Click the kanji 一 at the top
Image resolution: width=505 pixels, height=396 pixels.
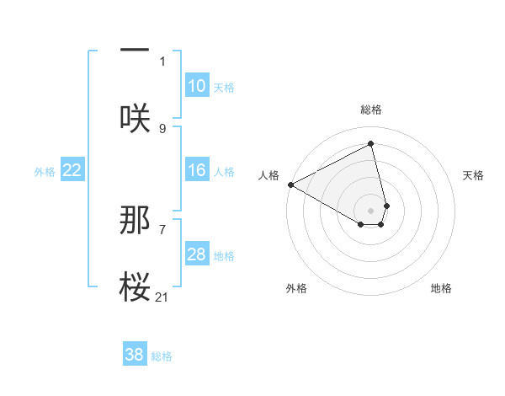pos(135,50)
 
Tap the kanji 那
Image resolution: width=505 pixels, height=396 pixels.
pos(135,220)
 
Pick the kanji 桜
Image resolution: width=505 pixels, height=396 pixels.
pos(135,286)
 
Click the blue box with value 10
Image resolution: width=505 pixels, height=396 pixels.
pos(196,86)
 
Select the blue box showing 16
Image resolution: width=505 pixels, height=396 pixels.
pos(196,170)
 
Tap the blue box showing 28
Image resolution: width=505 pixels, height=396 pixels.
pos(196,254)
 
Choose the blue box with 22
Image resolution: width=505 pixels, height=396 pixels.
pos(72,170)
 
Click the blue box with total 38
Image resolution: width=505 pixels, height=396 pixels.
pos(135,355)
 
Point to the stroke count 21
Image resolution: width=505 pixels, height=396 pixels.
pos(162,297)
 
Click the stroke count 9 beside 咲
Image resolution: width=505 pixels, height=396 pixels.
pos(162,128)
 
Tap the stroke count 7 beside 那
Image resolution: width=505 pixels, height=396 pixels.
pos(162,229)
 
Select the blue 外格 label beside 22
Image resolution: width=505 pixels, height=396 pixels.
pos(45,171)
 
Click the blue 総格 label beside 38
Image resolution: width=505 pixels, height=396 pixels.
pos(162,356)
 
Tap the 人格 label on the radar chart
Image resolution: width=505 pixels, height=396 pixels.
pos(269,175)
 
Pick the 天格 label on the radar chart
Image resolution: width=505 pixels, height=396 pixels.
pos(473,175)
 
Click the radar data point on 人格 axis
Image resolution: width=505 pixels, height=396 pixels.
pos(290,184)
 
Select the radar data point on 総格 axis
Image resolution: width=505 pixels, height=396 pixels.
pos(371,144)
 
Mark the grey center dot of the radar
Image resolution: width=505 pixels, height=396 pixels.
pos(371,210)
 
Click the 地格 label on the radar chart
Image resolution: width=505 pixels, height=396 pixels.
pos(441,288)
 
